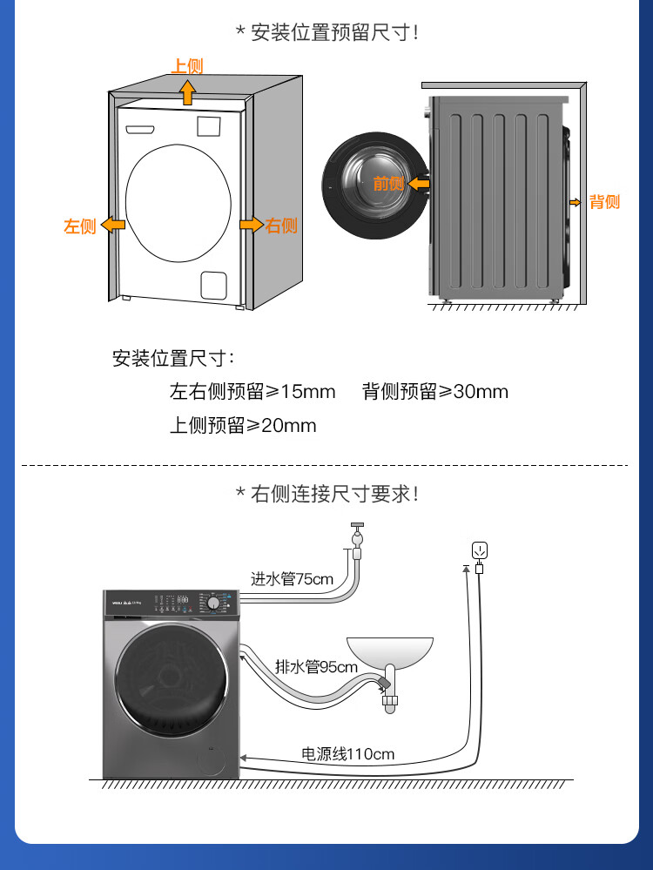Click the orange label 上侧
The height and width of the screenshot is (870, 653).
click(x=187, y=66)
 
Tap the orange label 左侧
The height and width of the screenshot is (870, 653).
click(x=79, y=226)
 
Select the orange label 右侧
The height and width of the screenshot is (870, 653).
click(x=281, y=226)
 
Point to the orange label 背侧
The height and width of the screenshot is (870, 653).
click(x=604, y=202)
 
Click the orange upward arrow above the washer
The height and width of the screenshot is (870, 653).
click(x=187, y=90)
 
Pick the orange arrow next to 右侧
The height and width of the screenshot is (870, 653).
click(x=252, y=225)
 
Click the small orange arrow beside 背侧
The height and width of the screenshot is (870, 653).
click(x=576, y=202)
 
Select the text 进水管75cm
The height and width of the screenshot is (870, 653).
click(x=292, y=578)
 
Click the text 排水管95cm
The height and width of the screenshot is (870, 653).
click(x=316, y=668)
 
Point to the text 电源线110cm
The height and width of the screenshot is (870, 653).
click(x=347, y=753)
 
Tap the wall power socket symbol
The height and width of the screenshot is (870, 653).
click(x=478, y=550)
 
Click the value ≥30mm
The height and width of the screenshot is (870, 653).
click(x=473, y=392)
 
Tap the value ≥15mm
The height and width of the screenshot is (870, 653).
click(x=300, y=392)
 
